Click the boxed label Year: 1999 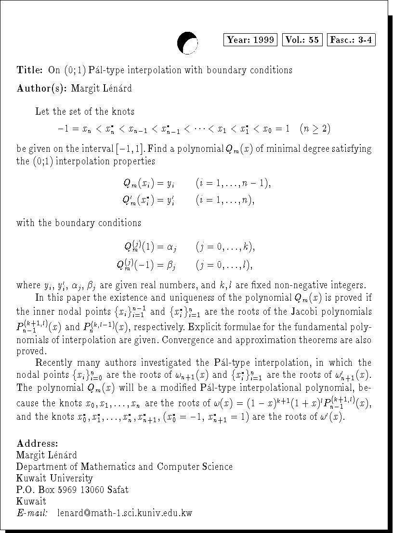(x=250, y=40)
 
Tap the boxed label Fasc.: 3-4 (x=351, y=40)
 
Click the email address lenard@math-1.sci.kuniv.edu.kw (x=124, y=513)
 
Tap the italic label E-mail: (x=32, y=513)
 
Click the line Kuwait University (x=54, y=478)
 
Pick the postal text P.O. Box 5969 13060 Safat (x=72, y=490)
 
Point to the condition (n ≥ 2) (x=314, y=129)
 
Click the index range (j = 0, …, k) (x=225, y=247)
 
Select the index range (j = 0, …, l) (x=224, y=265)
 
